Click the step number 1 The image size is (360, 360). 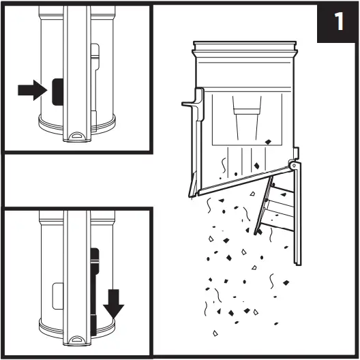pyautogui.click(x=339, y=21)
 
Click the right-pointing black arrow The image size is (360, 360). pyautogui.click(x=33, y=90)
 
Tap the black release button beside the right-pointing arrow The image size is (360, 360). pyautogui.click(x=58, y=91)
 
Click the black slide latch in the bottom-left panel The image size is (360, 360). pyautogui.click(x=94, y=292)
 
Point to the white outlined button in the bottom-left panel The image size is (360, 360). pyautogui.click(x=58, y=296)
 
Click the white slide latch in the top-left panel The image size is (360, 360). pyautogui.click(x=95, y=87)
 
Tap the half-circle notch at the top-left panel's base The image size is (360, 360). pyautogui.click(x=77, y=136)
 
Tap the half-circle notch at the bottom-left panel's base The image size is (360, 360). pyautogui.click(x=77, y=340)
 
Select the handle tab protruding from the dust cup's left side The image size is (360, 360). pyautogui.click(x=193, y=104)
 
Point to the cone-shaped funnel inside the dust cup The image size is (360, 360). pyautogui.click(x=247, y=118)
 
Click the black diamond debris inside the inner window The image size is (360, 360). pyautogui.click(x=268, y=142)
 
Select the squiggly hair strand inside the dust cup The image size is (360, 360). pyautogui.click(x=224, y=165)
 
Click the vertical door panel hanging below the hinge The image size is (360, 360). pyautogui.click(x=297, y=213)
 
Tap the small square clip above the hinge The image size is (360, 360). pyautogui.click(x=296, y=153)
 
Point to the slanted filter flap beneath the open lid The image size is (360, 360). pyautogui.click(x=263, y=205)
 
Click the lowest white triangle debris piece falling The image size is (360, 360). pyautogui.click(x=215, y=333)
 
